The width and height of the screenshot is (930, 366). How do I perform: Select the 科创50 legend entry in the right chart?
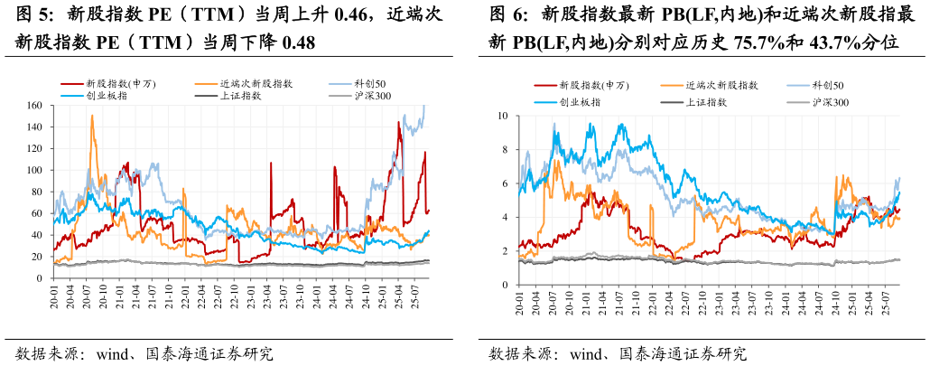tap(827, 85)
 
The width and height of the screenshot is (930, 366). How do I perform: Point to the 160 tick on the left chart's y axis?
tap(33, 105)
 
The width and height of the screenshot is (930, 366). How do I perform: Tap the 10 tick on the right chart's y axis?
tap(503, 116)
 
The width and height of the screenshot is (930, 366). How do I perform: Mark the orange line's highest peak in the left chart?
tap(92, 116)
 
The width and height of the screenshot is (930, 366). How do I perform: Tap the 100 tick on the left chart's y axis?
tap(33, 170)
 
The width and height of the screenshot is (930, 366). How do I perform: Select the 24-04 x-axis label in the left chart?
tap(333, 299)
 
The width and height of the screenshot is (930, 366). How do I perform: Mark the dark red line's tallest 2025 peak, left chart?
tap(399, 122)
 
